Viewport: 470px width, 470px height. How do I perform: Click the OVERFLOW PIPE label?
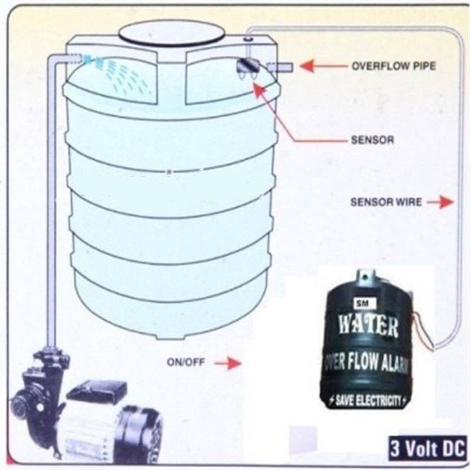394,66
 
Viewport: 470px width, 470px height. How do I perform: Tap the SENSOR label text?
372,140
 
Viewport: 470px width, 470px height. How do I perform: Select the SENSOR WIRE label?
386,202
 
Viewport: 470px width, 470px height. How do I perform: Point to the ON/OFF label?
186,362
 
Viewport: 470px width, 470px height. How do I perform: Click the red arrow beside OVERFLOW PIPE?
325,66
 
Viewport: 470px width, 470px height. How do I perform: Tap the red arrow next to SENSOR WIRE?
440,202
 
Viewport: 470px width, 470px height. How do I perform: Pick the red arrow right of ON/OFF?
228,363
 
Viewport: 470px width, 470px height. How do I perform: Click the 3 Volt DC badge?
428,449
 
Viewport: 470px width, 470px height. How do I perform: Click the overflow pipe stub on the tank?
280,67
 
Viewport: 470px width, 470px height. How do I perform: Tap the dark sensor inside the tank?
248,67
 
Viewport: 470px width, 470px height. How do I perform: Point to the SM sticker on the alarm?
365,304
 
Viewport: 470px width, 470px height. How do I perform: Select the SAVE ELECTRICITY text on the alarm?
368,401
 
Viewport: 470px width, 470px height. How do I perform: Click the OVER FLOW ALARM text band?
367,363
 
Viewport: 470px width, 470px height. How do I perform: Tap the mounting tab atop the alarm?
365,277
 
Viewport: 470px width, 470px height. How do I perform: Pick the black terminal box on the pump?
97,391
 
